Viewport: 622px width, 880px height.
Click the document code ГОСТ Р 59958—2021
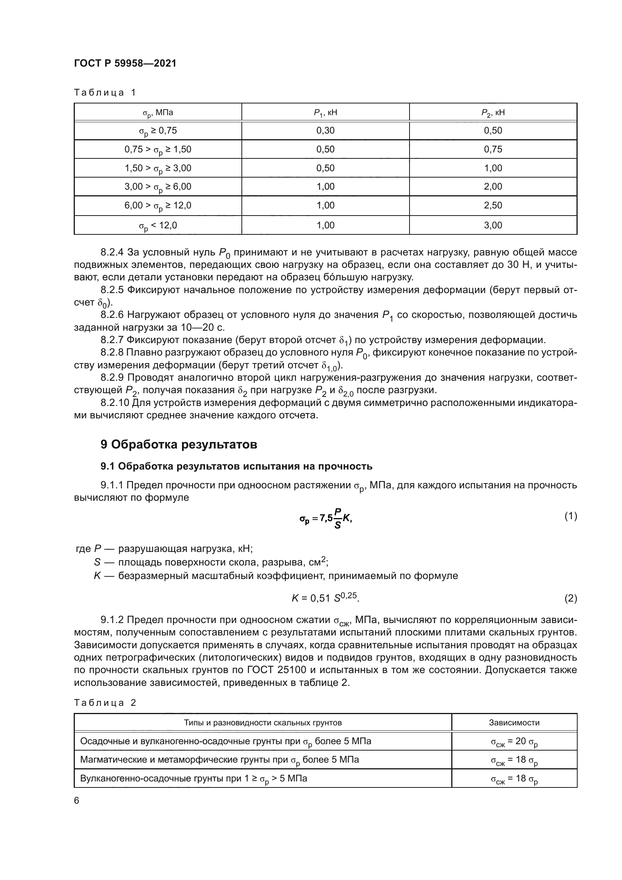(x=125, y=64)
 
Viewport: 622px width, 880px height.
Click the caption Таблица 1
(x=105, y=93)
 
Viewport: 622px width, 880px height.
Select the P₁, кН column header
(x=325, y=112)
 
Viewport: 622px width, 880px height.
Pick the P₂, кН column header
(x=493, y=112)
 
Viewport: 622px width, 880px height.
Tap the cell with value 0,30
(x=325, y=131)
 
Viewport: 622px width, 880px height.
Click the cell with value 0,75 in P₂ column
(x=493, y=149)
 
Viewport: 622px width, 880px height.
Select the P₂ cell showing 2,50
(x=493, y=205)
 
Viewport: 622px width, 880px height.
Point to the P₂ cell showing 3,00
(x=493, y=225)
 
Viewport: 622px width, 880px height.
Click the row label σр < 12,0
(x=158, y=225)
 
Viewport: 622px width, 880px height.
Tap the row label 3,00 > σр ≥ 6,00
(x=158, y=187)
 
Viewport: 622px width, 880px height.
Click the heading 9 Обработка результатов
(x=179, y=445)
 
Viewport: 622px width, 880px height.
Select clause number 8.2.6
(x=112, y=315)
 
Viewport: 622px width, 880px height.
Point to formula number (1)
(x=570, y=516)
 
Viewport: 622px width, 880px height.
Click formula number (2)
(x=570, y=599)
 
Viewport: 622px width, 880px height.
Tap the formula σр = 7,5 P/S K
(x=326, y=518)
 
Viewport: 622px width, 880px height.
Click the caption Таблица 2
(x=105, y=702)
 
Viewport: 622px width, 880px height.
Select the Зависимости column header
(x=514, y=723)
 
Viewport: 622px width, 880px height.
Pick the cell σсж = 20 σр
(x=514, y=742)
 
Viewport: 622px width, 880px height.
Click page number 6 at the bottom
(x=77, y=801)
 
